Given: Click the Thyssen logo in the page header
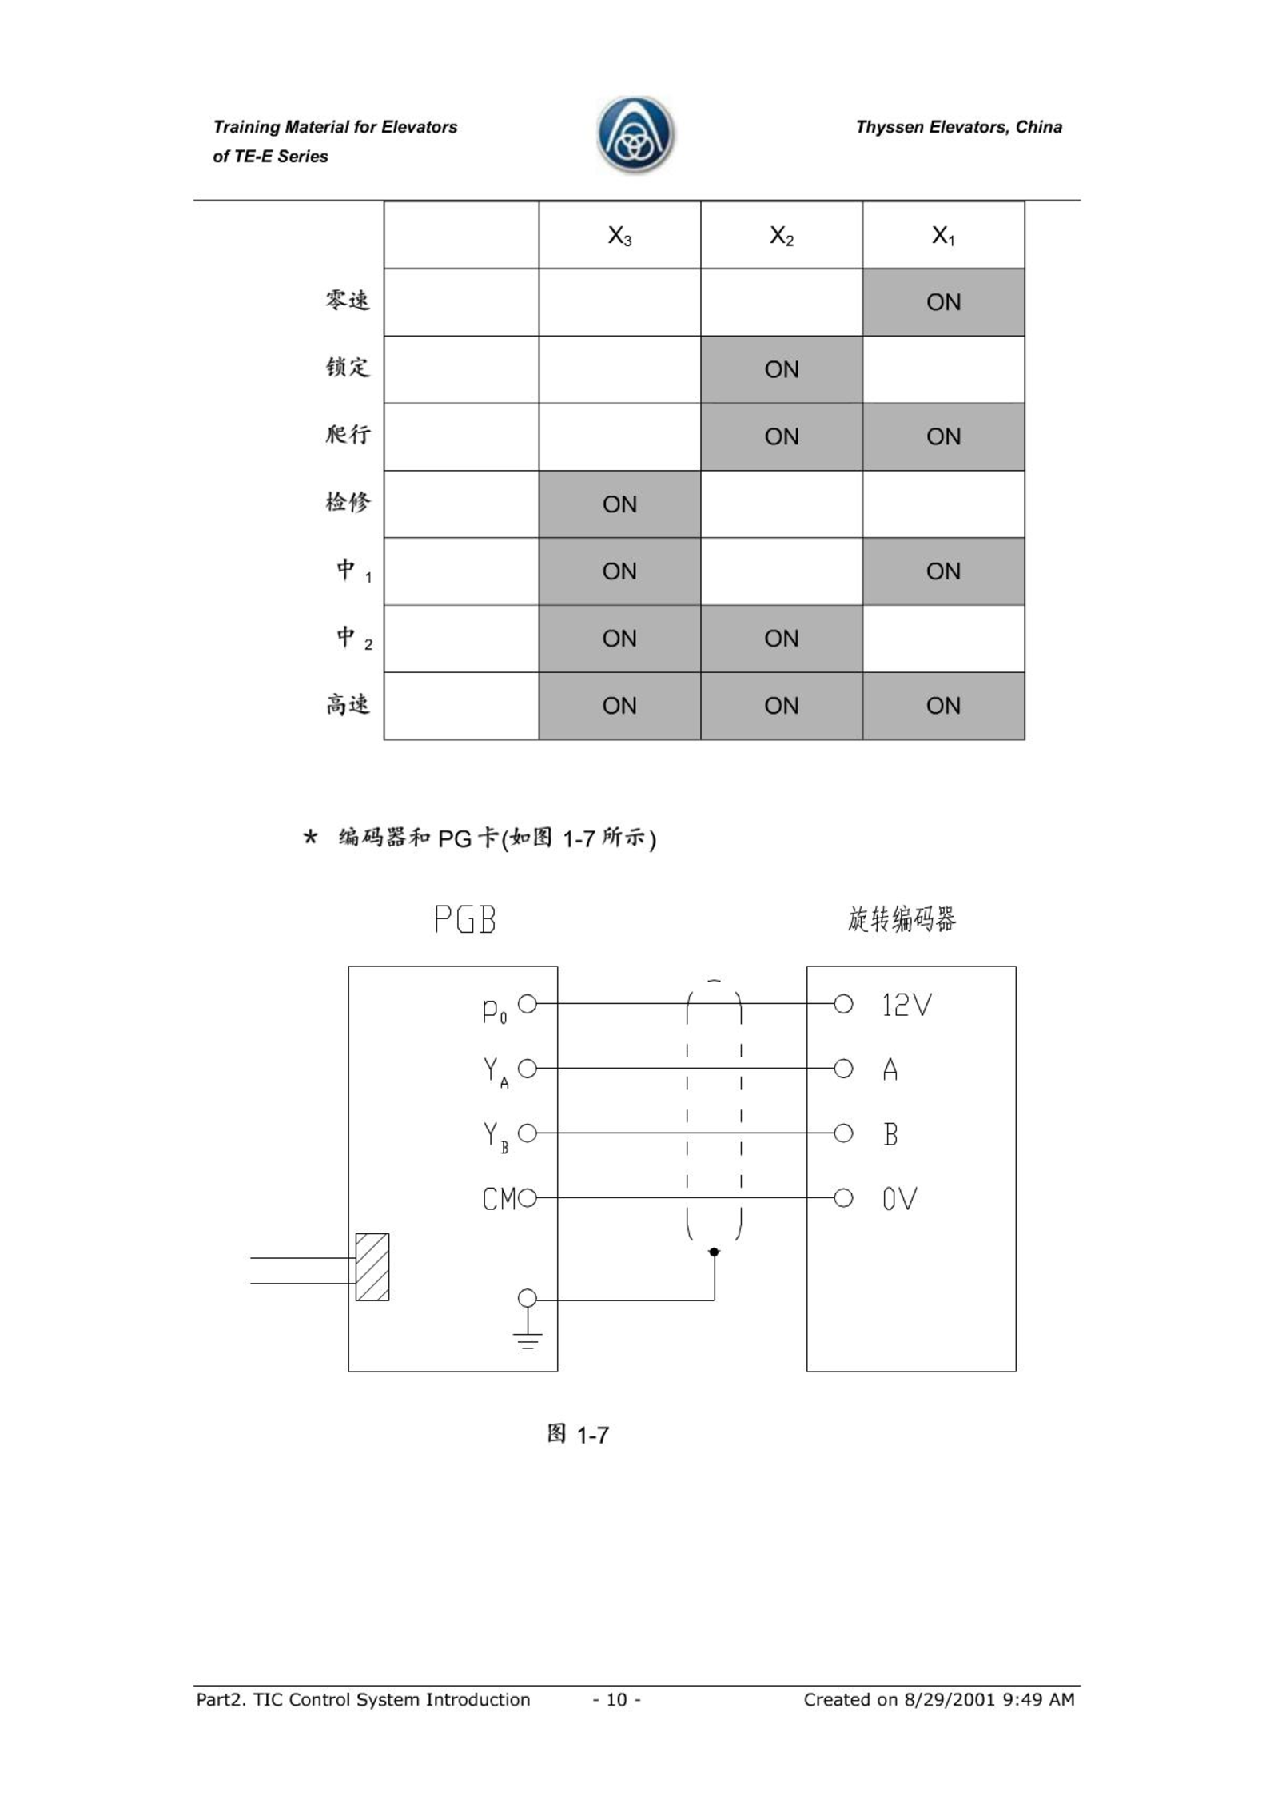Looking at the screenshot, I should (x=635, y=135).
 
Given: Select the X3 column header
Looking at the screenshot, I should (x=619, y=236).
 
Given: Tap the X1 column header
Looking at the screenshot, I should (x=943, y=236).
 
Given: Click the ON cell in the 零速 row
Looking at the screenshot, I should (x=943, y=302).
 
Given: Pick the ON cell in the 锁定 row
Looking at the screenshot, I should (x=781, y=369).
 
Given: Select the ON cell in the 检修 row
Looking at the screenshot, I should (x=619, y=504).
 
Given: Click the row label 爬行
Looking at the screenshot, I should (x=348, y=435).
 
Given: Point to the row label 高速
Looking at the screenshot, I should (x=348, y=704).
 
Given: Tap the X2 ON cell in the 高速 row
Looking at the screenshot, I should (x=781, y=706).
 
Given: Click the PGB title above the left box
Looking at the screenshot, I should (x=465, y=919).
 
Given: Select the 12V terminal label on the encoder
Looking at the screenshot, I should (x=906, y=1005).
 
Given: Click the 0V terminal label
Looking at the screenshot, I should (x=899, y=1199).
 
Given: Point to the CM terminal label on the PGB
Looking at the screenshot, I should (x=500, y=1199).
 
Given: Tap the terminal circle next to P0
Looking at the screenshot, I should (x=528, y=1004).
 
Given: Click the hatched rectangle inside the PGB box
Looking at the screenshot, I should (x=372, y=1267).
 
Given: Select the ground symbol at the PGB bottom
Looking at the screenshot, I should (x=528, y=1340).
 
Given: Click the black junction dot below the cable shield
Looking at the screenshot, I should (x=715, y=1252).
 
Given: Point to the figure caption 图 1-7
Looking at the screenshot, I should (x=578, y=1434).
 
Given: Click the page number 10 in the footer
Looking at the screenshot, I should (x=616, y=1699).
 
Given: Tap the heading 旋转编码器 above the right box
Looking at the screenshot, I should (x=902, y=919).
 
